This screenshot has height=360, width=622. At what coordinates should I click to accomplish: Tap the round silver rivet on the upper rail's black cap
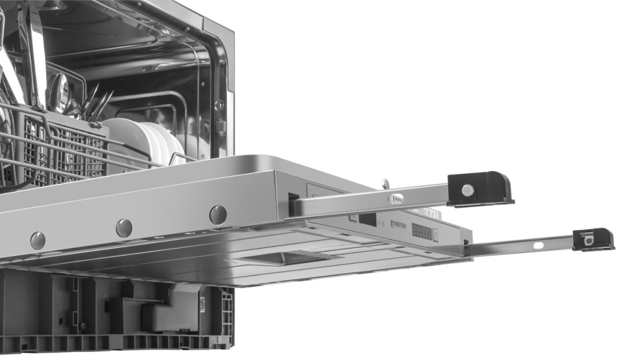pyautogui.click(x=468, y=190)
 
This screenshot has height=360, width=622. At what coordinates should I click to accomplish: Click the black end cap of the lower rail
pyautogui.click(x=594, y=239)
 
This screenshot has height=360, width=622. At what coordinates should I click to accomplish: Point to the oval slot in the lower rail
pyautogui.click(x=538, y=245)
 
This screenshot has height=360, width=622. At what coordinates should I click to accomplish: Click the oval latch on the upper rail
pyautogui.click(x=396, y=198)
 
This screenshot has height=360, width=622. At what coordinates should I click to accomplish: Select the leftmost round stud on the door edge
pyautogui.click(x=37, y=240)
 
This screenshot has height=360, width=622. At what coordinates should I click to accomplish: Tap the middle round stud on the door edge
pyautogui.click(x=124, y=228)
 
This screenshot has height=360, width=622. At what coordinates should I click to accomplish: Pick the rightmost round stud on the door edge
pyautogui.click(x=218, y=214)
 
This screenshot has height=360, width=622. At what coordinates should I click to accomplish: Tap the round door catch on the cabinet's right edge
pyautogui.click(x=220, y=105)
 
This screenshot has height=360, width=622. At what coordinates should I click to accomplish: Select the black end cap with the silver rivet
pyautogui.click(x=480, y=188)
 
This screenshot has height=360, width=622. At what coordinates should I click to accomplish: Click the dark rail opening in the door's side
pyautogui.click(x=294, y=205)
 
